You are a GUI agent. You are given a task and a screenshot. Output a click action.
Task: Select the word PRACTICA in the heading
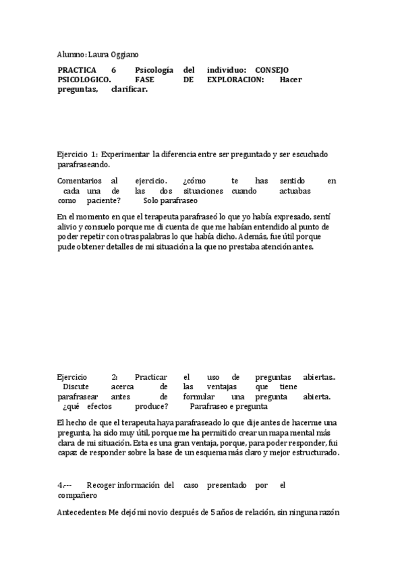point(77,70)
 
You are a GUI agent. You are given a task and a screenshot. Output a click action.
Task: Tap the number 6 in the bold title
point(114,70)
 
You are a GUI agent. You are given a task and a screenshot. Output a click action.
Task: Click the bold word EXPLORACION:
point(236,80)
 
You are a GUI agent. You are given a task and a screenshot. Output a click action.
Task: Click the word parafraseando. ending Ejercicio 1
point(83,164)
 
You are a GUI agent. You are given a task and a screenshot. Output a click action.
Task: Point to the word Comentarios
point(80,181)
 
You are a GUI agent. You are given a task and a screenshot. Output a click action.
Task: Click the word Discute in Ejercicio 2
point(75,387)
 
